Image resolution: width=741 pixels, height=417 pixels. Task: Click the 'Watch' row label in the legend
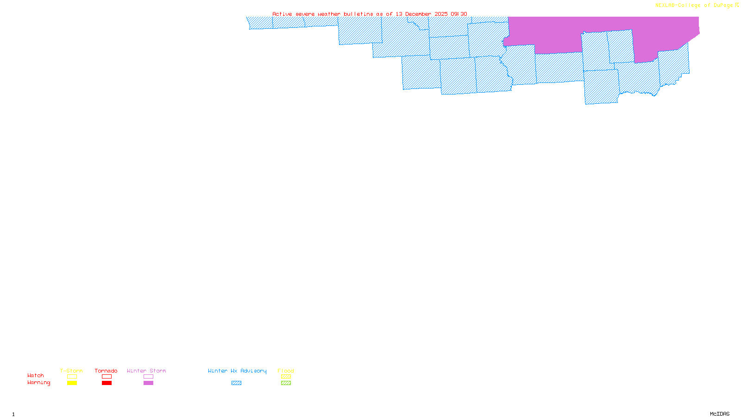coord(36,376)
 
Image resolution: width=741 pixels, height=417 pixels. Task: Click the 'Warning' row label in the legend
coord(39,383)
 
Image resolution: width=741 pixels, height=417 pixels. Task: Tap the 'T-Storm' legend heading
coord(71,371)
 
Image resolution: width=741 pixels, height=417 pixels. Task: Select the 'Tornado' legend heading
coord(106,371)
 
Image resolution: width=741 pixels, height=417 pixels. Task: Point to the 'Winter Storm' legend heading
coord(146,371)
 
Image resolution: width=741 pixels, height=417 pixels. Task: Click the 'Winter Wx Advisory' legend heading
coord(237,371)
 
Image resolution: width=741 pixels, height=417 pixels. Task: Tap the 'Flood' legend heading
coord(286,371)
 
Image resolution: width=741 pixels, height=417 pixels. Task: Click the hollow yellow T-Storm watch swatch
coord(72,377)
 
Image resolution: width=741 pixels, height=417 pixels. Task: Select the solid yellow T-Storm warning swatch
coord(72,383)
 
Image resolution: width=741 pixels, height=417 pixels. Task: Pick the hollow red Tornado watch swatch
coord(107,377)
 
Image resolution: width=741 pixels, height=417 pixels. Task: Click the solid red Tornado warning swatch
coord(107,383)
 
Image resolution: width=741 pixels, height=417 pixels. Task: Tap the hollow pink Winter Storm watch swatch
coord(148,377)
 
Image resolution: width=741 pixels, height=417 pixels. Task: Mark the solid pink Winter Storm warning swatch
coord(148,383)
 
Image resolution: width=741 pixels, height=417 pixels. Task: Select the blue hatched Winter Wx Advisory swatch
coord(236,383)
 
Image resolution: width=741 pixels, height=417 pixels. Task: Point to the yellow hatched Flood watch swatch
coord(286,377)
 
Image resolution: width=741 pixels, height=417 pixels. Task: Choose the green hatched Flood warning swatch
coord(286,383)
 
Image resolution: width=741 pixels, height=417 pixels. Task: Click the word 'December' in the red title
coord(418,14)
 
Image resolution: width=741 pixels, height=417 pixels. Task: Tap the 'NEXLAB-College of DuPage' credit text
coord(694,6)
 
